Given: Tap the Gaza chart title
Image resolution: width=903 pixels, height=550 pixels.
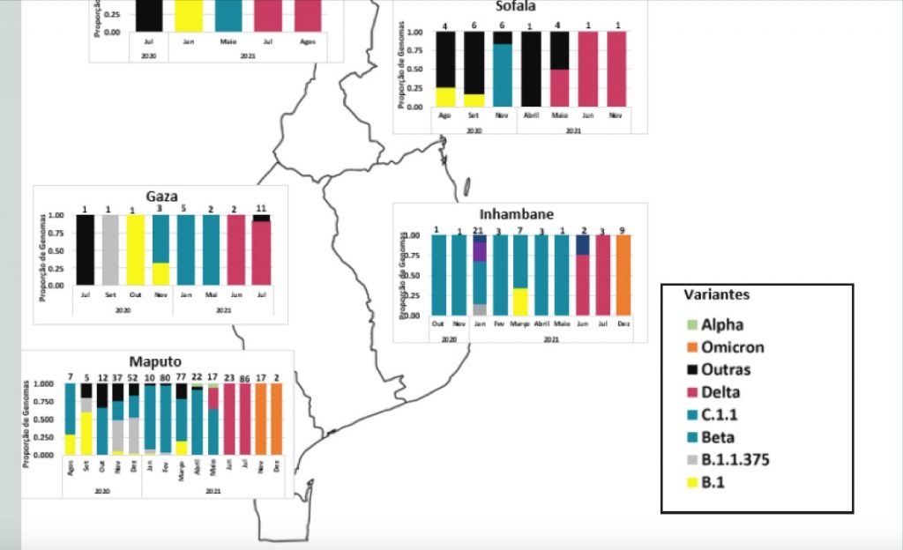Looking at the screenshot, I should pos(160,197).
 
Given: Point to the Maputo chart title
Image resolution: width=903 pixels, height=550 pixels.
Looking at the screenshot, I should pos(155,361).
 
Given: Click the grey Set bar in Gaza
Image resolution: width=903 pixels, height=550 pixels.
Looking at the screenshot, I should pos(110,249).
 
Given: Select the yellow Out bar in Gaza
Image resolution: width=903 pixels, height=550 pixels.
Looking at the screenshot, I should pos(135,249).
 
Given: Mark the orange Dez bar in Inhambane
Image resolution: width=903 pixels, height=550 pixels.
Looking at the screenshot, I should pos(622,275).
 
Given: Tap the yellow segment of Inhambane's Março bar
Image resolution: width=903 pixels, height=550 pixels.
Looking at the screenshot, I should pos(520,301).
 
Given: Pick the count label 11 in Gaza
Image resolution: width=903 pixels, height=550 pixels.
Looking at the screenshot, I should pos(262,208).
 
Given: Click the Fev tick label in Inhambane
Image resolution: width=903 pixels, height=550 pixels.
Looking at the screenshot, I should pos(500,324).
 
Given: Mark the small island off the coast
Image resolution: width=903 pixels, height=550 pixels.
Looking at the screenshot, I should pos(466,186).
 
